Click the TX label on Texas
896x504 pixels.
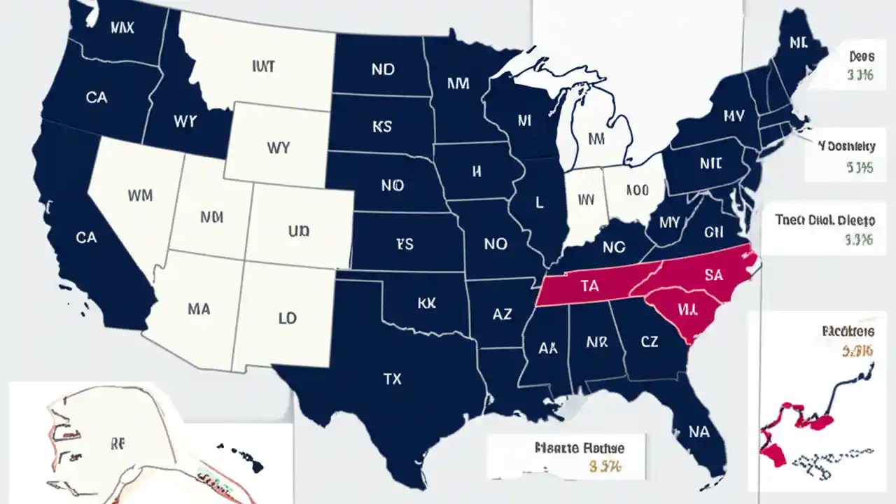(393, 379)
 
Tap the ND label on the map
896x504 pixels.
(383, 69)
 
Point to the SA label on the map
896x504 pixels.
(713, 275)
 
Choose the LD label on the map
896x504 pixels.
(287, 318)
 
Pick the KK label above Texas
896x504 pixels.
(426, 303)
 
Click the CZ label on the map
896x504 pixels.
(649, 342)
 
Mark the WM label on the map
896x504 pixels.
(140, 195)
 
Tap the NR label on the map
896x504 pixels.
(596, 342)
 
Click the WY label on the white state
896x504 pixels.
(278, 148)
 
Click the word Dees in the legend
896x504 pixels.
(860, 56)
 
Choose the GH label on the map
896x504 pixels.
(713, 232)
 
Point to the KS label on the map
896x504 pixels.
(382, 127)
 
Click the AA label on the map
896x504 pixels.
(549, 347)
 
